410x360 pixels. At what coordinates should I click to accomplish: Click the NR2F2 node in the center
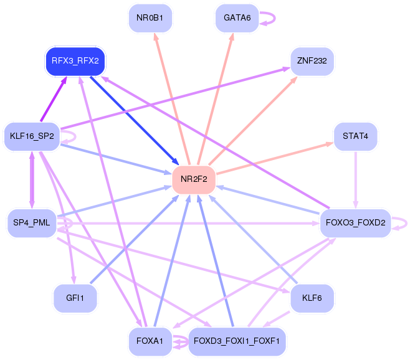[x=194, y=179]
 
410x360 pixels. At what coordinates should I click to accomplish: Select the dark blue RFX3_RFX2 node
[x=75, y=61]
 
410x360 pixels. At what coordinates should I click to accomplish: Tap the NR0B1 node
[x=150, y=18]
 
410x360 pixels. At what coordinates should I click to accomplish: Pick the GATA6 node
[x=237, y=18]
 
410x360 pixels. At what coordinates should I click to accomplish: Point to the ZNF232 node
[x=312, y=61]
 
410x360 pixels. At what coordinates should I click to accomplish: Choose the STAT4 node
[x=355, y=136]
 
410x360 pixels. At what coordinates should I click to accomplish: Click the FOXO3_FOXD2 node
[x=355, y=223]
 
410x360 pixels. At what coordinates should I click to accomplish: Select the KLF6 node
[x=312, y=298]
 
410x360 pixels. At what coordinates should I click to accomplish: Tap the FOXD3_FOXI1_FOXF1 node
[x=237, y=341]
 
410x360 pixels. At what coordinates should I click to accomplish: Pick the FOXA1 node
[x=150, y=341]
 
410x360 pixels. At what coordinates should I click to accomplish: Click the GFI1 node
[x=75, y=298]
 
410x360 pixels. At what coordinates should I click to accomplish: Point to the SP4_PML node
[x=32, y=223]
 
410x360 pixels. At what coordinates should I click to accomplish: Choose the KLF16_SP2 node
[x=32, y=136]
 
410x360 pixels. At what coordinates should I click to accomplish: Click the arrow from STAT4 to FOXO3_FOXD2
[x=355, y=180]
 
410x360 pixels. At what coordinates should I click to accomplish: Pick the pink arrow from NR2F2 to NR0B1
[x=172, y=100]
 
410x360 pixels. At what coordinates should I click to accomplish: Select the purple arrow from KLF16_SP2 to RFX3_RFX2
[x=54, y=99]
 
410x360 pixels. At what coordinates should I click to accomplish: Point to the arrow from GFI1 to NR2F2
[x=135, y=239]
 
